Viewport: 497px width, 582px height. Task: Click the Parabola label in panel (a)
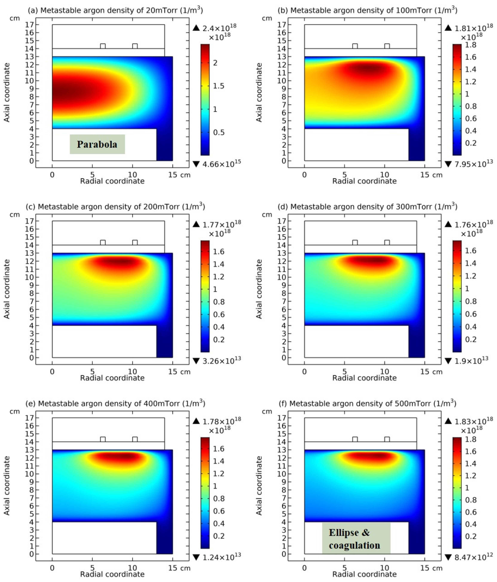97,144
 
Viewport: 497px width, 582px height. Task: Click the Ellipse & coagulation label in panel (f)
354,539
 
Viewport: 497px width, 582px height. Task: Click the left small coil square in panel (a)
103,46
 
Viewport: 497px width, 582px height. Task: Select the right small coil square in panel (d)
387,242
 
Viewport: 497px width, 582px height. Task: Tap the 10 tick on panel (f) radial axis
384,568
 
